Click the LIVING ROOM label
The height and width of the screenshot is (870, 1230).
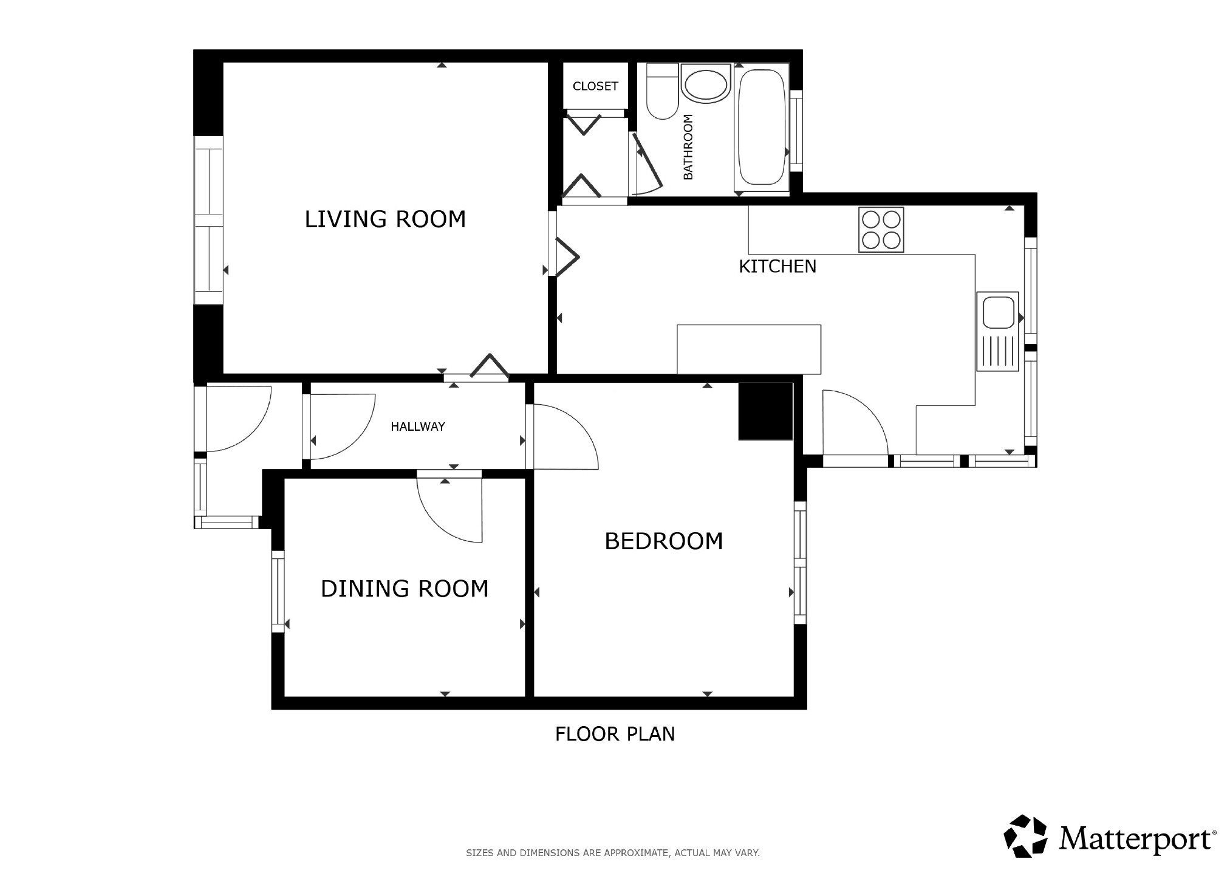(x=385, y=219)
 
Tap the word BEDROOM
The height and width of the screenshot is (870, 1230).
(x=664, y=541)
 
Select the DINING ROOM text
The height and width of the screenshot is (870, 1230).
(x=405, y=589)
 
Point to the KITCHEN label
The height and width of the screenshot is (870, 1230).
(x=777, y=267)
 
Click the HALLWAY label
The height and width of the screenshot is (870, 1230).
(x=418, y=426)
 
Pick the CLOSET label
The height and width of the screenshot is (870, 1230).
(x=595, y=86)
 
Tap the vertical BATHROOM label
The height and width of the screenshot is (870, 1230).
(x=688, y=147)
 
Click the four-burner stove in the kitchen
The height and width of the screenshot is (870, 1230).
(x=881, y=230)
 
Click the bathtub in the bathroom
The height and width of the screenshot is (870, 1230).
(x=761, y=130)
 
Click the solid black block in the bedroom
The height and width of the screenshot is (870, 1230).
(x=765, y=411)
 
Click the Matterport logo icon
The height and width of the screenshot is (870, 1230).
(x=1026, y=836)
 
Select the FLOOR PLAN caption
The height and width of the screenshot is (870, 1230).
(x=615, y=734)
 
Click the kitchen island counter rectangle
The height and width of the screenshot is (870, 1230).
(x=749, y=349)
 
